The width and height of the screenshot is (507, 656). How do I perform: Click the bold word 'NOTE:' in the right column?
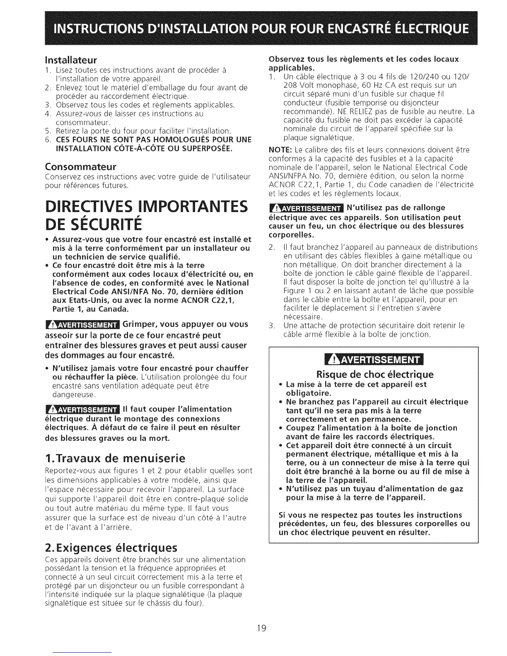click(280, 150)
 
